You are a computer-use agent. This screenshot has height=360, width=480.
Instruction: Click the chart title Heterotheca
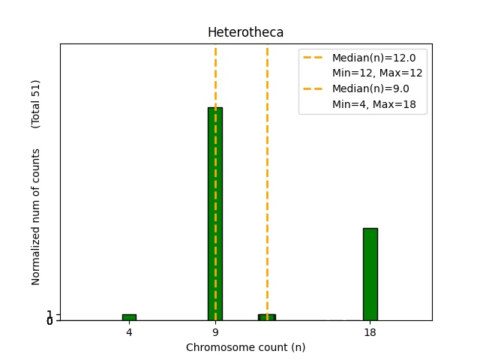245,33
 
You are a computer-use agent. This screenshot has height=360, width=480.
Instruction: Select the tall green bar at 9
215,214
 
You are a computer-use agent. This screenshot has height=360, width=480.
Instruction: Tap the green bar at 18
370,274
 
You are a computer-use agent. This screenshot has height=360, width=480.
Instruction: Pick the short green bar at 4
129,317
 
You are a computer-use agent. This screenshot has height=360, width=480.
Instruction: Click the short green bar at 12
267,317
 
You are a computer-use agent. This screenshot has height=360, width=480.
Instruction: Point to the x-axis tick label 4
129,332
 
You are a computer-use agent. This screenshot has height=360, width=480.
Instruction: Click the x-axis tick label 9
215,332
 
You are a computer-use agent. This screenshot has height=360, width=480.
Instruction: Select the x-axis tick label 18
370,332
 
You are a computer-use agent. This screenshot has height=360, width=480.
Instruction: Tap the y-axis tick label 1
49,314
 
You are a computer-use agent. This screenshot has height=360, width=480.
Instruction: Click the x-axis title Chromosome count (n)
245,347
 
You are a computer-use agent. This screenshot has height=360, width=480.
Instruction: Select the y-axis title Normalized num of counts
36,217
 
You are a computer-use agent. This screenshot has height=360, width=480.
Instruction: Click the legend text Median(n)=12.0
373,57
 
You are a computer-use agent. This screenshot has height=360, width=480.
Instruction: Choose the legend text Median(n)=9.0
370,88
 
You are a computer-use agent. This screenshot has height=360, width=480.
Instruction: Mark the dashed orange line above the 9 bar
215,75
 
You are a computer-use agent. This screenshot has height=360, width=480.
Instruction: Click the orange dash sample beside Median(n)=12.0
313,57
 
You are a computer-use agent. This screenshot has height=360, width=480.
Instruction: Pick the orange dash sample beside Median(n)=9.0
313,88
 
